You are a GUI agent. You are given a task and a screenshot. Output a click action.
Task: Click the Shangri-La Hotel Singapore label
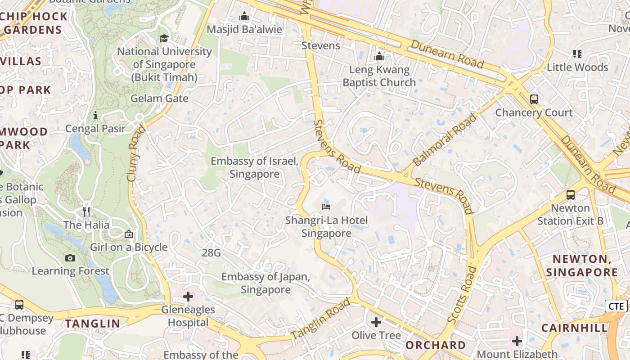[326, 227]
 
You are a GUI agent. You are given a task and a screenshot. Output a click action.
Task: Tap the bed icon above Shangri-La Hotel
[326, 207]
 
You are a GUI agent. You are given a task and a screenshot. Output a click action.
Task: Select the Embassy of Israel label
[254, 167]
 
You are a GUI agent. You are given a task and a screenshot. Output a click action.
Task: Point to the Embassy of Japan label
[265, 283]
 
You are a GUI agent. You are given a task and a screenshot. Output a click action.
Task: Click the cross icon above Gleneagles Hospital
[188, 297]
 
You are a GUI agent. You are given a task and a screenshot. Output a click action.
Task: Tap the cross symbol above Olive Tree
[376, 322]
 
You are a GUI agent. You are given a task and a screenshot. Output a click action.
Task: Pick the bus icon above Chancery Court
[534, 99]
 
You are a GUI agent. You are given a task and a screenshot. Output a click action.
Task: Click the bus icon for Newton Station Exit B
[571, 195]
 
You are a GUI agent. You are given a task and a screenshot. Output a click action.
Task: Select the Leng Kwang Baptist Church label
[379, 76]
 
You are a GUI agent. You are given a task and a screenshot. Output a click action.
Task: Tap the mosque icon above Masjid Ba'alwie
[244, 17]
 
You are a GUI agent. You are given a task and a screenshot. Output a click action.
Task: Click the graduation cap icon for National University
[164, 38]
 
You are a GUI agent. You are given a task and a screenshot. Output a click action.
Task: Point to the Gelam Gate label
[159, 99]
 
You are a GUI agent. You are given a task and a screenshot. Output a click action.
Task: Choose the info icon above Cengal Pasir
[95, 116]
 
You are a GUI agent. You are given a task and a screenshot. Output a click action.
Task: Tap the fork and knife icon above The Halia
[86, 211]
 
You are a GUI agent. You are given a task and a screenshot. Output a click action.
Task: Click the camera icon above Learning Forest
[70, 258]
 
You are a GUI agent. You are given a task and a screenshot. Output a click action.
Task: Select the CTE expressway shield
[616, 306]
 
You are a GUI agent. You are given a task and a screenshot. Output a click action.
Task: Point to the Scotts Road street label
[462, 295]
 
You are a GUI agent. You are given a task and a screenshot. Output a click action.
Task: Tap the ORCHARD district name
[436, 345]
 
